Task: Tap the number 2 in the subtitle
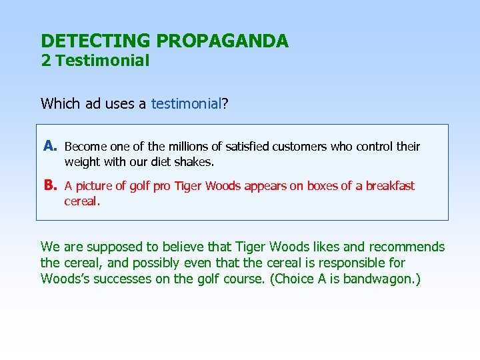coord(45,61)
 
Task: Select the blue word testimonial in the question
coord(186,104)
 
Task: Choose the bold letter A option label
coord(50,146)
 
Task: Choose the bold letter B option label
coord(50,186)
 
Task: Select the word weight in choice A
coord(82,162)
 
